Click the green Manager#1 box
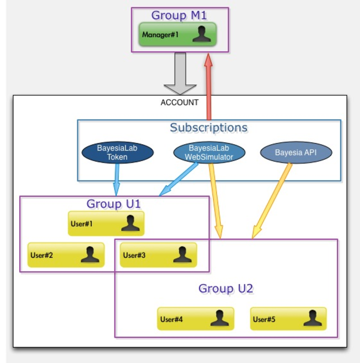click(177, 35)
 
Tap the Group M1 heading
click(179, 15)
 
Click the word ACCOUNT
click(180, 102)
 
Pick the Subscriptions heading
click(208, 128)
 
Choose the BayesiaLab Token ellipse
click(117, 153)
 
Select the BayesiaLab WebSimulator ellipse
click(208, 153)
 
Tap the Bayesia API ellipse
click(296, 153)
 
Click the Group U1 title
click(113, 203)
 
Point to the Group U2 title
click(225, 289)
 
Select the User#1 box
click(106, 223)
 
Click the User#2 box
click(66, 255)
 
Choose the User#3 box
click(158, 255)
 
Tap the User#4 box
click(195, 319)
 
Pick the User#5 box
click(288, 319)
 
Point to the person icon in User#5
click(312, 319)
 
